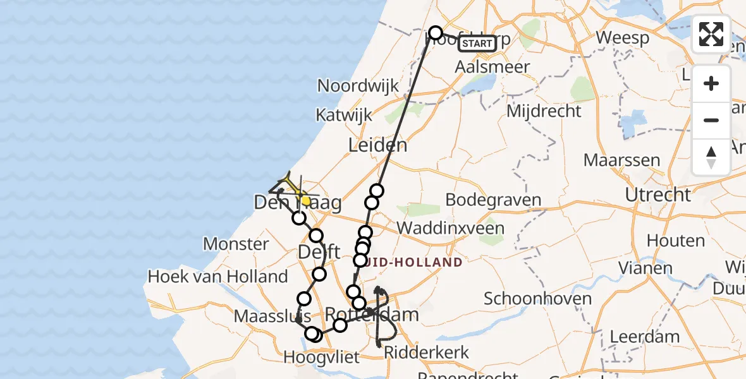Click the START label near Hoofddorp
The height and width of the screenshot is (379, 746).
pyautogui.click(x=477, y=44)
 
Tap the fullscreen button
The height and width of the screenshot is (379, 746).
pyautogui.click(x=711, y=34)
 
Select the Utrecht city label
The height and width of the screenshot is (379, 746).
pyautogui.click(x=658, y=195)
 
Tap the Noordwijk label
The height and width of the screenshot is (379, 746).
pyautogui.click(x=358, y=86)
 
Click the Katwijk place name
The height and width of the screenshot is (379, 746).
pyautogui.click(x=345, y=115)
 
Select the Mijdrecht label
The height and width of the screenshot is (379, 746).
pyautogui.click(x=544, y=111)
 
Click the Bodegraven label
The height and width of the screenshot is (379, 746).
pyautogui.click(x=494, y=200)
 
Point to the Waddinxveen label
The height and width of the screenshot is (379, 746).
pyautogui.click(x=450, y=228)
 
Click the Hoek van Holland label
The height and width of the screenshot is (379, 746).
pyautogui.click(x=217, y=276)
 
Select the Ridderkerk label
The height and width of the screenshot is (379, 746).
pyautogui.click(x=427, y=352)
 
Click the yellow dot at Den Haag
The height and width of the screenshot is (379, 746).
pyautogui.click(x=305, y=200)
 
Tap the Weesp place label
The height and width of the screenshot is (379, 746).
pyautogui.click(x=622, y=38)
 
